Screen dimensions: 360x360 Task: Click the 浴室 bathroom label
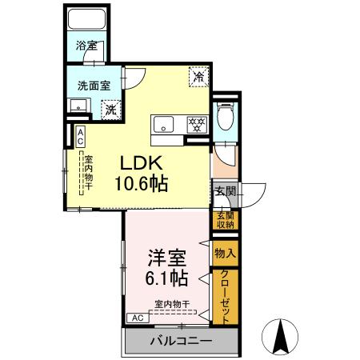86,46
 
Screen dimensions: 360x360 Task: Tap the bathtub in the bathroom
86,22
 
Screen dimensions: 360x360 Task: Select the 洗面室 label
94,84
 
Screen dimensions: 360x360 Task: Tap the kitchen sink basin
163,123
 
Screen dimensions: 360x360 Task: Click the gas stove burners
197,123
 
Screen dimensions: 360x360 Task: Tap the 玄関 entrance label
225,191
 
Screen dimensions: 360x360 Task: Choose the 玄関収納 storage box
225,220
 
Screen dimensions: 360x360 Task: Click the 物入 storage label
225,252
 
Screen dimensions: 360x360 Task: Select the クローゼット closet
225,295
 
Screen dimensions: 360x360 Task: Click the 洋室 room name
166,258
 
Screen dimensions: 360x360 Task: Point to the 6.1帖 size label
166,279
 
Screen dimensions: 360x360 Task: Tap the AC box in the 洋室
137,318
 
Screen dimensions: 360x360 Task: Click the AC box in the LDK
81,136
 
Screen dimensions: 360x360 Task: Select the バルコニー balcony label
181,342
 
